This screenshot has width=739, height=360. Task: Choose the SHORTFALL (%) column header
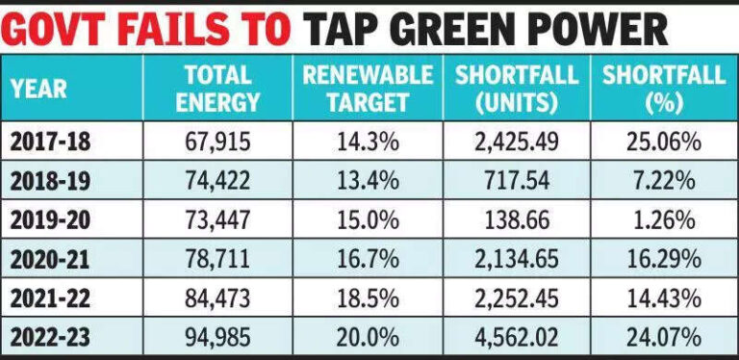pyautogui.click(x=663, y=89)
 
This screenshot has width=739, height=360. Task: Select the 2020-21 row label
pyautogui.click(x=53, y=259)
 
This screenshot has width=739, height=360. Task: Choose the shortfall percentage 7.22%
pyautogui.click(x=663, y=182)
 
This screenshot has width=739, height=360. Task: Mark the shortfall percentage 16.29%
pyautogui.click(x=663, y=259)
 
